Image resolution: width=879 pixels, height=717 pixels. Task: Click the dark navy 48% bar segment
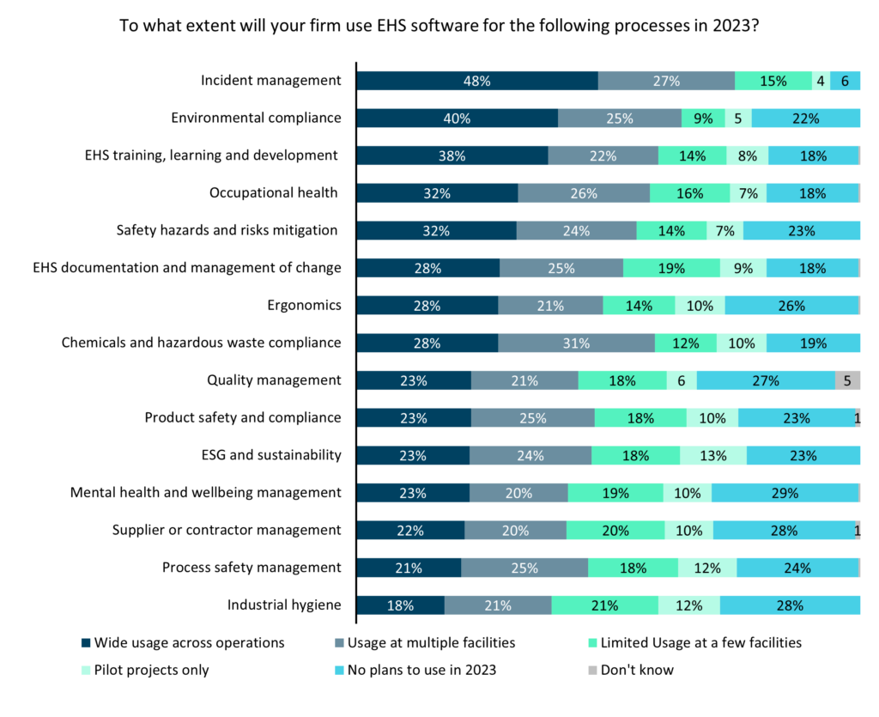click(x=477, y=81)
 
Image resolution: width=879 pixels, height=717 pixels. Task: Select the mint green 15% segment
click(x=773, y=81)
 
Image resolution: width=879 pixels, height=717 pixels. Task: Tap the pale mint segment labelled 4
click(x=821, y=81)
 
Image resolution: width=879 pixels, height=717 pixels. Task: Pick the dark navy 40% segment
click(x=457, y=118)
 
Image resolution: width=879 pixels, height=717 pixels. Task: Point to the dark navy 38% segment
click(x=452, y=155)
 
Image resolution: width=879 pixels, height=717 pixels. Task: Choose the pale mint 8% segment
click(x=747, y=155)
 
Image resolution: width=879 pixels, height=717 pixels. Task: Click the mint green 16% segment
click(x=689, y=193)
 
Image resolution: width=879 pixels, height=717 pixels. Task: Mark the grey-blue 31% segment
click(x=576, y=343)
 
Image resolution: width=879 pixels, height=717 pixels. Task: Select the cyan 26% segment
click(x=791, y=306)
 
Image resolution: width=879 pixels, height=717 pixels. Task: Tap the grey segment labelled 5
click(x=847, y=380)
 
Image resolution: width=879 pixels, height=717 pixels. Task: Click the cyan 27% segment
click(x=766, y=380)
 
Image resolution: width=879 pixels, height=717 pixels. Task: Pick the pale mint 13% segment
click(x=712, y=456)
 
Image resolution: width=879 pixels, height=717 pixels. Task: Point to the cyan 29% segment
click(x=785, y=493)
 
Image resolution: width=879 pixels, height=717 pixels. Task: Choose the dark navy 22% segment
click(x=410, y=531)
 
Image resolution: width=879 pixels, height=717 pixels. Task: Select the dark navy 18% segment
click(x=400, y=605)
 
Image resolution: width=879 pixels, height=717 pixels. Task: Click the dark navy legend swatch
click(x=86, y=643)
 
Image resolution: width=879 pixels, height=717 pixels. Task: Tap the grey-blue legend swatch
click(x=339, y=643)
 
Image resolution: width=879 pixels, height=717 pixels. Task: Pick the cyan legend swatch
click(x=339, y=671)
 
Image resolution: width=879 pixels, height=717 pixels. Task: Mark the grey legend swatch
click(x=592, y=671)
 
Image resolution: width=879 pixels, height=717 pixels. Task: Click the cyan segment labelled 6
click(x=845, y=81)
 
